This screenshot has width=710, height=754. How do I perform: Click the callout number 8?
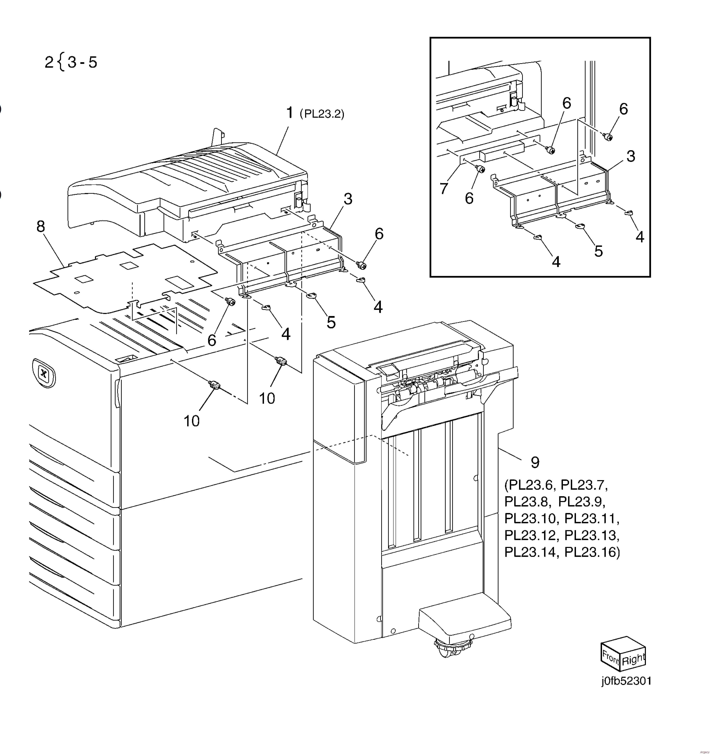(x=41, y=227)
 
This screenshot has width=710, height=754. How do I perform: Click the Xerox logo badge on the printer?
(x=44, y=373)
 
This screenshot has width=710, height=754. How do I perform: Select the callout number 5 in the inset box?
(x=598, y=251)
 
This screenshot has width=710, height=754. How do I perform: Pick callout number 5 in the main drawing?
(x=331, y=322)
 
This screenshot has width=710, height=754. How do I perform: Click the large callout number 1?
(x=290, y=113)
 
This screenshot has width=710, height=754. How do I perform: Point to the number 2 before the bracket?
(x=49, y=62)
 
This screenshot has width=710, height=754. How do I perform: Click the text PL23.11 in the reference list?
(x=592, y=518)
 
